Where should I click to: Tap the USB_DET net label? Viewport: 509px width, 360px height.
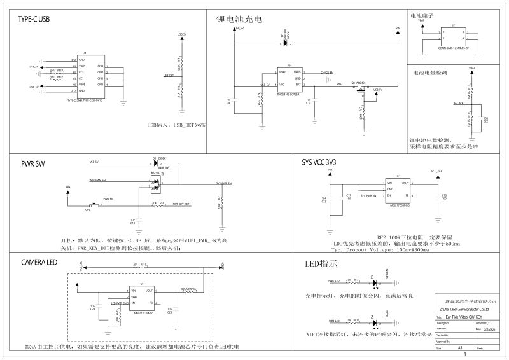tap(168, 76)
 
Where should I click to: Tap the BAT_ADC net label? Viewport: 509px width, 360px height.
tap(460, 102)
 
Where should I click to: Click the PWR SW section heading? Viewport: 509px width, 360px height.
tap(34, 163)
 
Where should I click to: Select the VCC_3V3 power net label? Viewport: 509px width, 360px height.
tap(436, 171)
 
